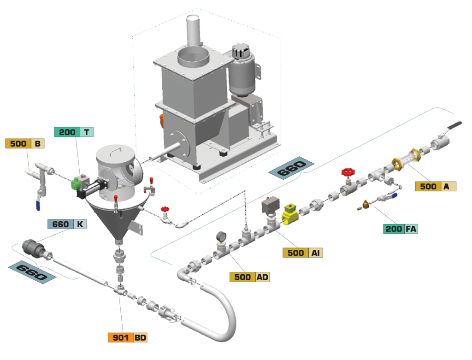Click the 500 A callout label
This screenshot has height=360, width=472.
tap(435, 186)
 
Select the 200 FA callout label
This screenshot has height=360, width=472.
tap(400, 228)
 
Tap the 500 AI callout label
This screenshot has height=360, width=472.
tap(302, 253)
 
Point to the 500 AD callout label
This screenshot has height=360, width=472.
tap(249, 277)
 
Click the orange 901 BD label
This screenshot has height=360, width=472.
tap(128, 337)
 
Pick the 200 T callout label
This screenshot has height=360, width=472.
tap(74, 132)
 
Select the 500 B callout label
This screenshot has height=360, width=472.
tap(24, 143)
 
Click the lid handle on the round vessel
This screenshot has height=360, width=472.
tap(116, 149)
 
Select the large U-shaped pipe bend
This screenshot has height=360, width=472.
tap(217, 313)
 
